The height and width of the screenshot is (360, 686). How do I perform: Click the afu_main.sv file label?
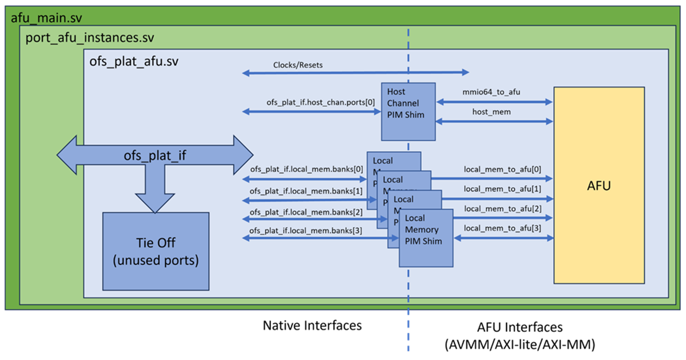click(46, 18)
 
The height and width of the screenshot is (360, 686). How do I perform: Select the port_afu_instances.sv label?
click(90, 38)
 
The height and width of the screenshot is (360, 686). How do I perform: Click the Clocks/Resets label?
click(297, 65)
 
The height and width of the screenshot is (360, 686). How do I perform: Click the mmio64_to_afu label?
click(492, 92)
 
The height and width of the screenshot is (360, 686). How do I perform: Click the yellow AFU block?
click(598, 185)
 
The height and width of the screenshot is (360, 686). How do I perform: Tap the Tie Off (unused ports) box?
click(155, 251)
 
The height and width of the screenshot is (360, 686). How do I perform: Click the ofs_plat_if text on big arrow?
click(154, 156)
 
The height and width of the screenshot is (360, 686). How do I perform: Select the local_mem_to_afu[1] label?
click(502, 189)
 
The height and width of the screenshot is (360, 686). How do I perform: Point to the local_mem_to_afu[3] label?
click(502, 228)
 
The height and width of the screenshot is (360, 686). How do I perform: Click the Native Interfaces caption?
click(312, 325)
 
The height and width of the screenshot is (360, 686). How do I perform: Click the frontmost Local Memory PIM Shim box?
click(426, 238)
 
